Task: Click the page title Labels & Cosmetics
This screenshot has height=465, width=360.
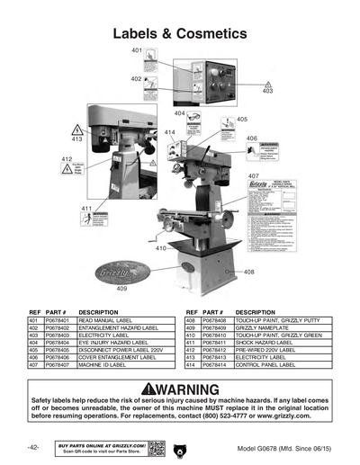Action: click(179, 33)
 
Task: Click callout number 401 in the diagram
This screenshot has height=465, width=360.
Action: click(137, 50)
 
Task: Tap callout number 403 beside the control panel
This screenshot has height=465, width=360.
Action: click(267, 92)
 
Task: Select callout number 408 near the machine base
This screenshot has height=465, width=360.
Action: click(249, 271)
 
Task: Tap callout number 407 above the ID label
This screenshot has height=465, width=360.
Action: click(254, 175)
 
